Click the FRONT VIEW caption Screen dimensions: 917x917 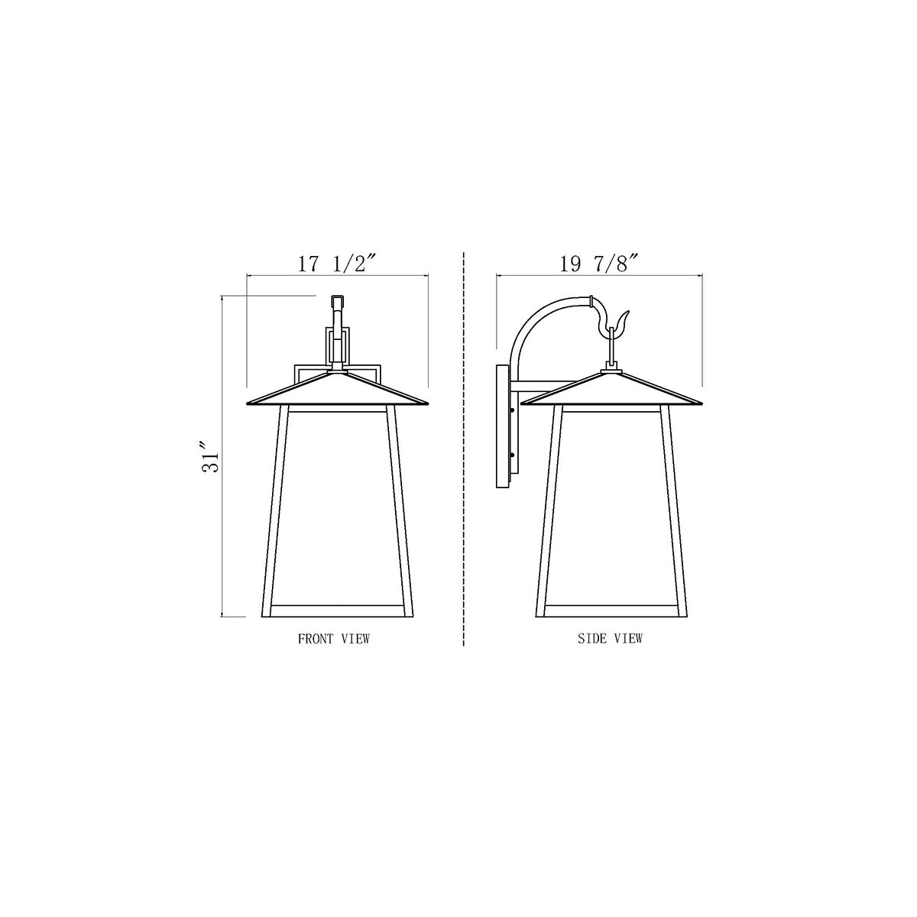(334, 639)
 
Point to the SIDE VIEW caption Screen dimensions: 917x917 (610, 638)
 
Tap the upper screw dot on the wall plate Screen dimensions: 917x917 (512, 410)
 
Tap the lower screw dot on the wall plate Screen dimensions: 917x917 (512, 455)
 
